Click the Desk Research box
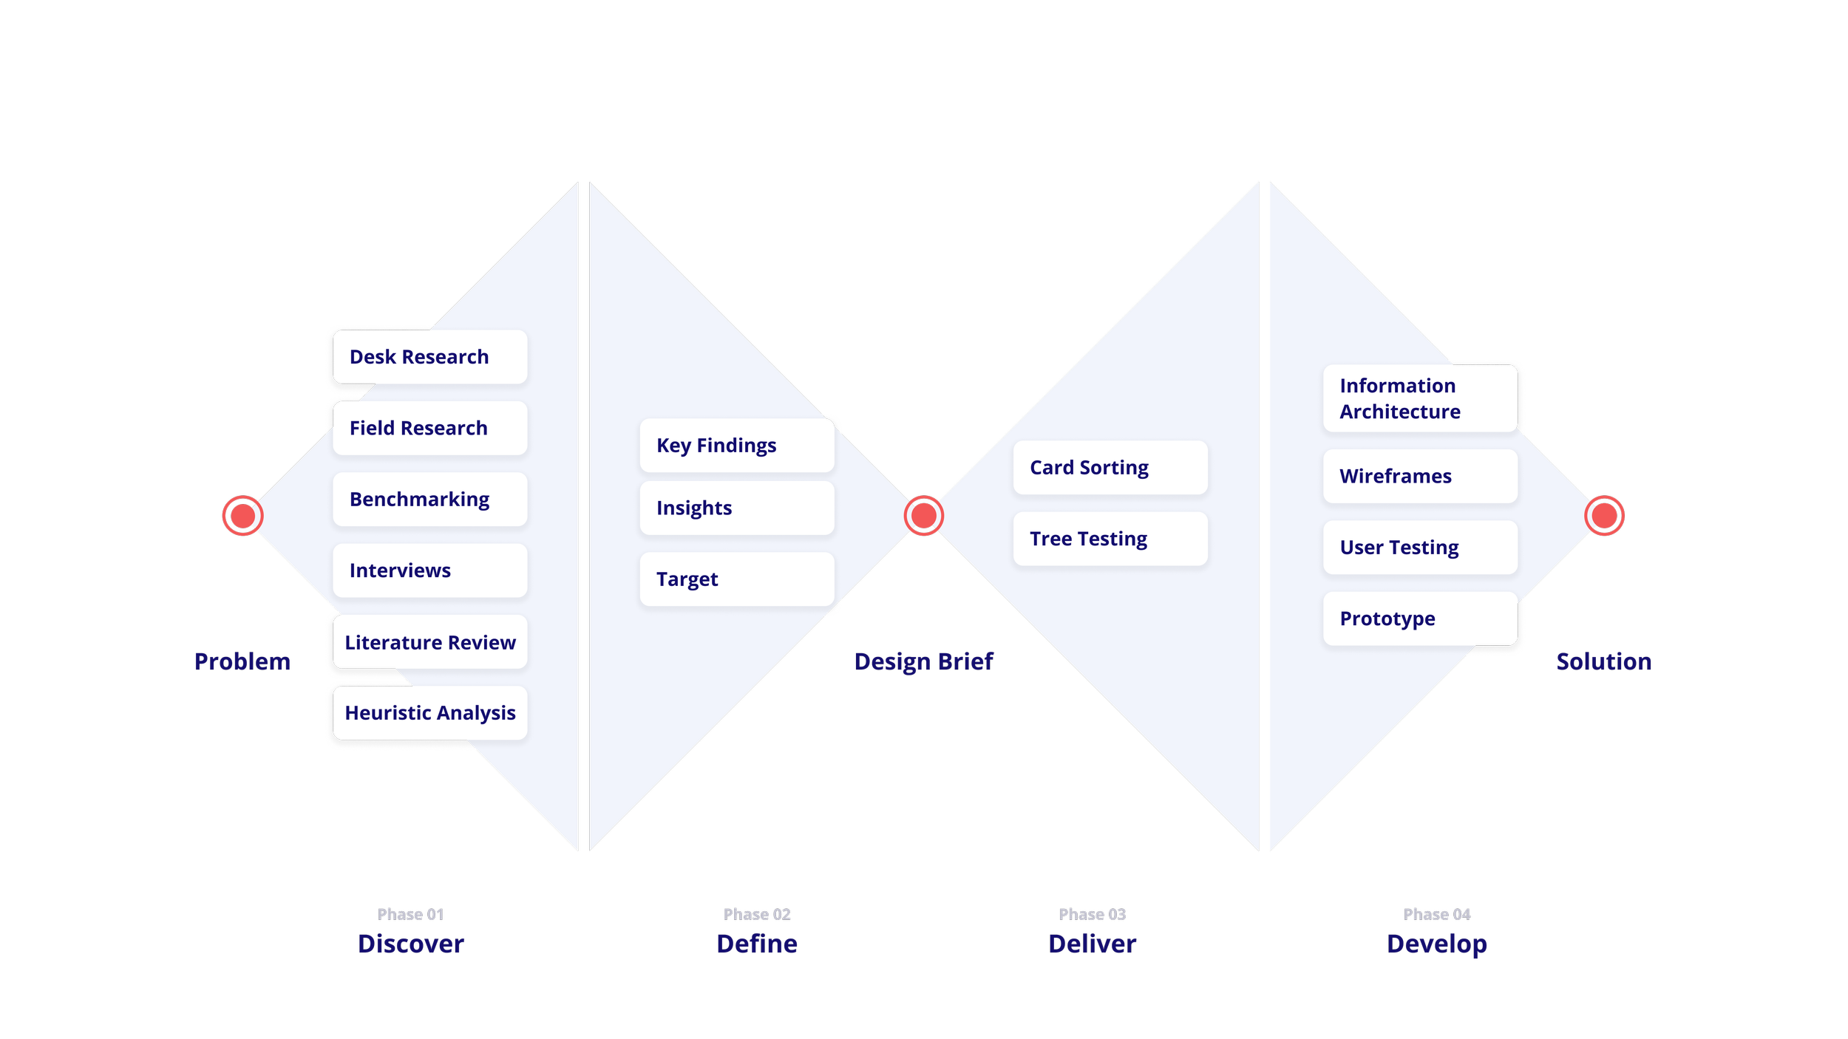(430, 357)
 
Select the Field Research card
(430, 428)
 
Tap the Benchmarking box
(430, 500)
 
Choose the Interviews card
(430, 570)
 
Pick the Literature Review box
(430, 642)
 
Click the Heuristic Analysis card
(430, 713)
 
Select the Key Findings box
(737, 446)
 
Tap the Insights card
(737, 508)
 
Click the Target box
(737, 579)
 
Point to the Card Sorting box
(1110, 468)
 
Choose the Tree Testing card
(1110, 539)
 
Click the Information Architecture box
(1420, 398)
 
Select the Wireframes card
(1420, 477)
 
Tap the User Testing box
(1420, 548)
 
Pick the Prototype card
(1420, 619)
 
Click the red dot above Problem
(242, 516)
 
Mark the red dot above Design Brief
(924, 516)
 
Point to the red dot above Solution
(1604, 516)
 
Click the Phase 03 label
(1092, 914)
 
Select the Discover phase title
(411, 944)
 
